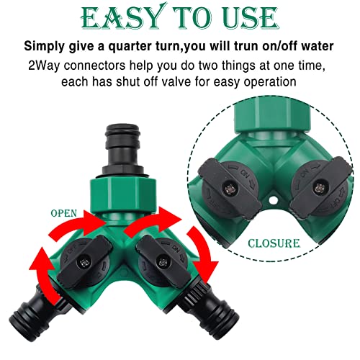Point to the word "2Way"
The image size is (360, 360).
(x=44, y=66)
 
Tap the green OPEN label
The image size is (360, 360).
(x=64, y=213)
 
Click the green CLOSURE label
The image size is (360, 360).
(x=274, y=243)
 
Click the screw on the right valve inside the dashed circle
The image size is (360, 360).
(x=319, y=187)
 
